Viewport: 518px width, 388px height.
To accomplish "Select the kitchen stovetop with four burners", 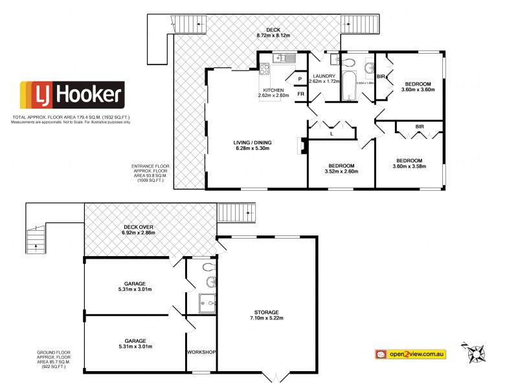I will (x=264, y=68).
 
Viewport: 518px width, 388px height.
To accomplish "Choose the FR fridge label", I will (x=300, y=94).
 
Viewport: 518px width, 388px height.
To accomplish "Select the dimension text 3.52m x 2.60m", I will (x=341, y=173).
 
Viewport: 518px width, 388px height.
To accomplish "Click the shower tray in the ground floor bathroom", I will (x=207, y=301).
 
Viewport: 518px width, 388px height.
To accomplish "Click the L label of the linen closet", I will (x=332, y=134).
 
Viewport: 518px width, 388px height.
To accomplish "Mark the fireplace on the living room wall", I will (x=300, y=146).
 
